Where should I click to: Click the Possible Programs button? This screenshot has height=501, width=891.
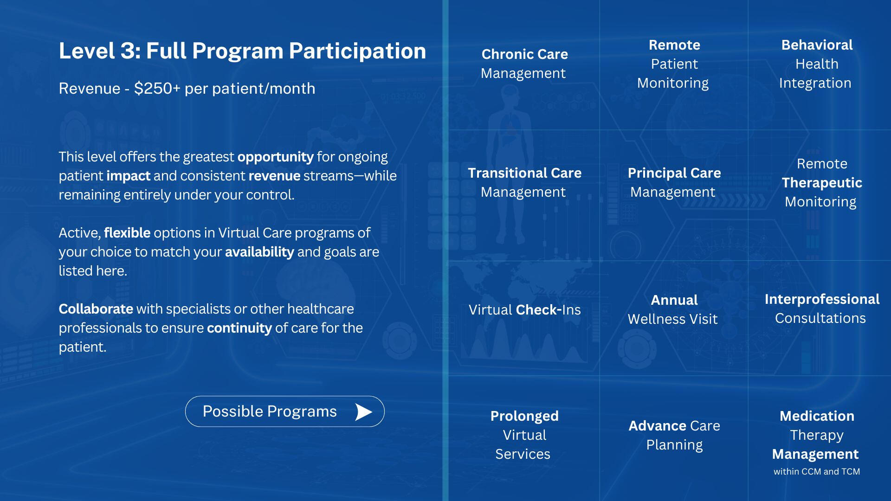pos(284,411)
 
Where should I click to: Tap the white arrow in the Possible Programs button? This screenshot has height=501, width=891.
pos(363,411)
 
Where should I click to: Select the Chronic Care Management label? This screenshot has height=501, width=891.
pos(524,64)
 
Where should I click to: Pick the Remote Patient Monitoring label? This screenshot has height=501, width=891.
pos(673,64)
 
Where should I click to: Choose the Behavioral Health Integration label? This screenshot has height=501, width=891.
pos(816,64)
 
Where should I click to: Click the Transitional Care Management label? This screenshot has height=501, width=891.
pos(524,182)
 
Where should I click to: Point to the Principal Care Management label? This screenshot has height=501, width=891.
pos(674,182)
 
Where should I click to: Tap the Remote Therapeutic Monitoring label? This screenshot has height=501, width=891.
pos(821,183)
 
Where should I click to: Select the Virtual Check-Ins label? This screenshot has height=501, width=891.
pos(524,309)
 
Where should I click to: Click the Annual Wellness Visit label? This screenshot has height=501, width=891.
pos(673,309)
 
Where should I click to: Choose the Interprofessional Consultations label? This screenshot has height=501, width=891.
pos(821,308)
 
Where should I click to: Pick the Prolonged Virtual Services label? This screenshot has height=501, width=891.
pos(524,435)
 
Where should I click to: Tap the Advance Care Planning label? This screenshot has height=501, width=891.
pos(674,435)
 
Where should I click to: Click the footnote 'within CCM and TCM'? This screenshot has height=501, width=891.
pos(817,471)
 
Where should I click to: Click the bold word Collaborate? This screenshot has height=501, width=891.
pos(96,309)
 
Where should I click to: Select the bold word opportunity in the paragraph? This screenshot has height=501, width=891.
pos(276,157)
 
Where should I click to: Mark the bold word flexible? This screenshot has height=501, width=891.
pos(127,233)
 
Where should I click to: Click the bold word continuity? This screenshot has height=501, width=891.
pos(239,328)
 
